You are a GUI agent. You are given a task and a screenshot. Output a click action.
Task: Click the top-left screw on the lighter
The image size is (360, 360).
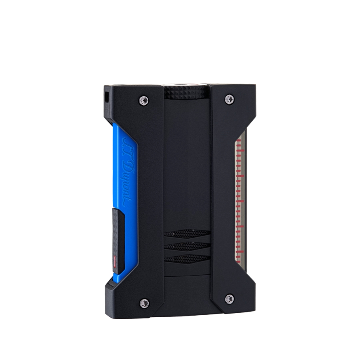click(144, 100)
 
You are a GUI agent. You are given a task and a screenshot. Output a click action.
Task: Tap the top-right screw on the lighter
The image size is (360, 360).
click(229, 99)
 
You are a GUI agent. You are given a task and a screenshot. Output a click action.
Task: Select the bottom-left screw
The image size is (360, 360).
click(144, 303)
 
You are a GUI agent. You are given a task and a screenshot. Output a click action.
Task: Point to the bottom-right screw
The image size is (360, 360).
click(230, 299)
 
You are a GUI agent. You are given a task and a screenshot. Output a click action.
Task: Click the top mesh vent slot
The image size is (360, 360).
click(187, 234)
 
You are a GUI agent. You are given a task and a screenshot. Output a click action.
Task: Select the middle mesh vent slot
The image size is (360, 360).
click(187, 246)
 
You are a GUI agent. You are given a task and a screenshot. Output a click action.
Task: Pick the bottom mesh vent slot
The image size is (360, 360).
click(187, 259)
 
